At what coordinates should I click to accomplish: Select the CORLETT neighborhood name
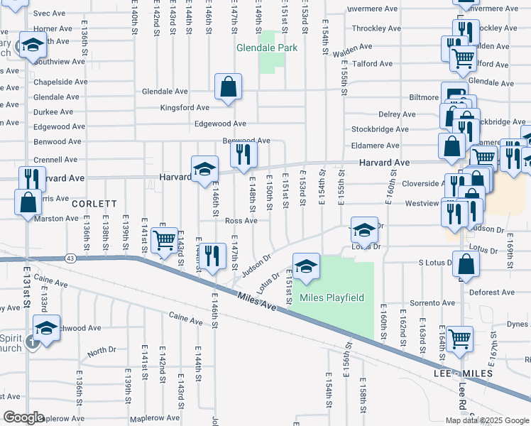coord(94,204)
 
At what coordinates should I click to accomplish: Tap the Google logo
coord(24,417)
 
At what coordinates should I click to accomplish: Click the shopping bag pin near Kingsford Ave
coord(229,89)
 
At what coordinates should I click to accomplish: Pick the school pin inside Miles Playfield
coord(306,268)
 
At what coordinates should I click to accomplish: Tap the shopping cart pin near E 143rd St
coord(165,241)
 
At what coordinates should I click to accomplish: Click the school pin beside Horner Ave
coord(32,46)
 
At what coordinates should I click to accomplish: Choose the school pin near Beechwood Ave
coord(46,329)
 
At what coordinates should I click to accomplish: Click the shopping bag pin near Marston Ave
coord(28,202)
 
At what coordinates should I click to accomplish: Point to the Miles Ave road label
coord(256,300)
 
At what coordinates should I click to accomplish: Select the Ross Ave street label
coord(241,221)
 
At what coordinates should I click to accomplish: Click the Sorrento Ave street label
coord(422,303)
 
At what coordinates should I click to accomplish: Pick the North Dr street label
coord(102,351)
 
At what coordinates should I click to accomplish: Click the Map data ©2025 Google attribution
coord(488,420)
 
